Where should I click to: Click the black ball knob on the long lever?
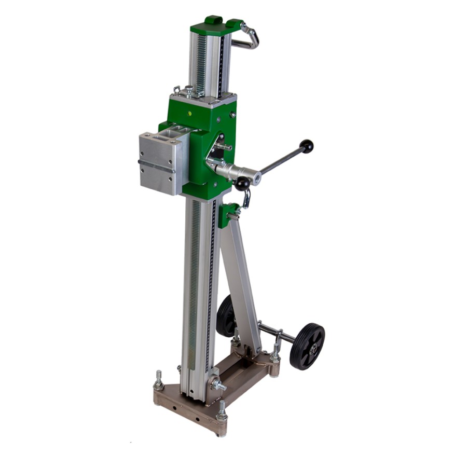[x=307, y=146]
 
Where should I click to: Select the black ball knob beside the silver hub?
[x=241, y=184]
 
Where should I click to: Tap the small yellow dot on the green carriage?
[x=190, y=112]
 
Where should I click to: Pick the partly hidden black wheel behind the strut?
[x=226, y=316]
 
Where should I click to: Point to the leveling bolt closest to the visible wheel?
[x=274, y=355]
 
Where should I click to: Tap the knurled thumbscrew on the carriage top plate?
[x=189, y=91]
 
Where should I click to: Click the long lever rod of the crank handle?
[x=280, y=161]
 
